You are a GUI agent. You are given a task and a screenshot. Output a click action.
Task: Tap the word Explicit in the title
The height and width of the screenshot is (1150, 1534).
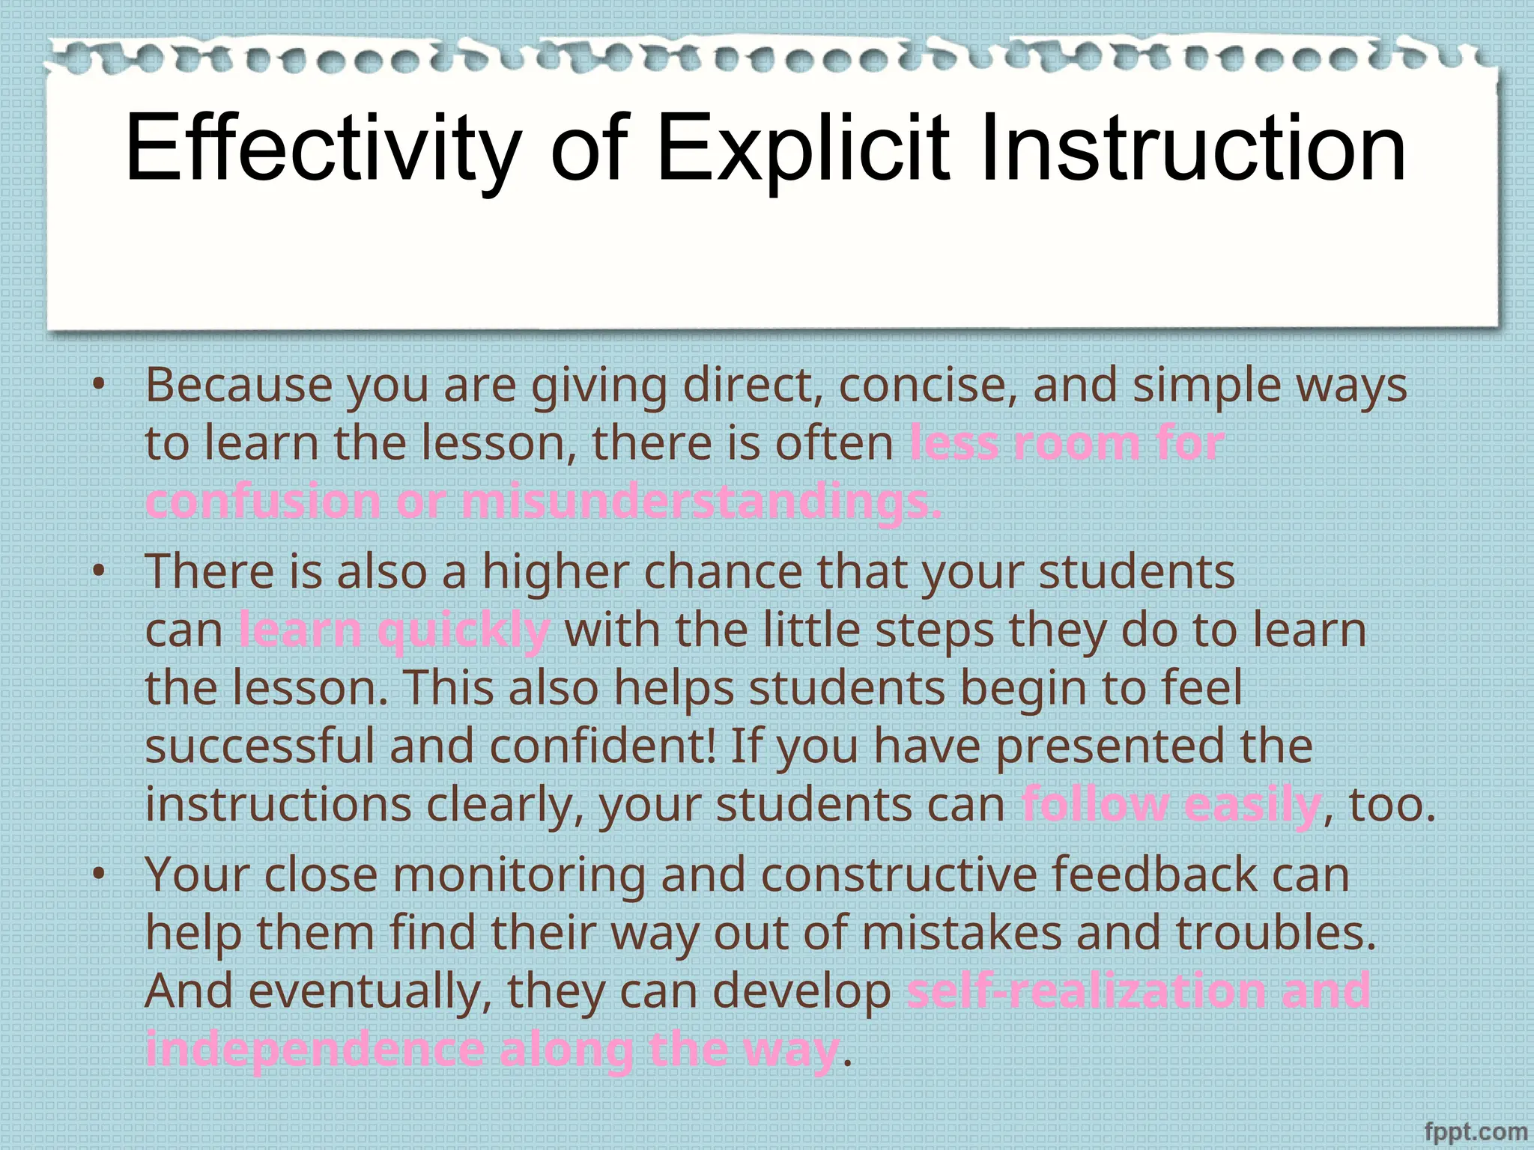pyautogui.click(x=802, y=148)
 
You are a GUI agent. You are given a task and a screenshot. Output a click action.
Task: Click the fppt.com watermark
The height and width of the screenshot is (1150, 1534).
pyautogui.click(x=1475, y=1131)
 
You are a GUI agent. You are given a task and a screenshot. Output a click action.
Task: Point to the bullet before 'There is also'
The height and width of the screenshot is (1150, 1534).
pyautogui.click(x=98, y=572)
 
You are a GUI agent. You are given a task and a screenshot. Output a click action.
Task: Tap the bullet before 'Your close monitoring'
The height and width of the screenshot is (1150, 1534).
pyautogui.click(x=98, y=874)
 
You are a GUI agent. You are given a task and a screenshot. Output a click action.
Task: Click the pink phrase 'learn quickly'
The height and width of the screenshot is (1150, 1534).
pyautogui.click(x=394, y=630)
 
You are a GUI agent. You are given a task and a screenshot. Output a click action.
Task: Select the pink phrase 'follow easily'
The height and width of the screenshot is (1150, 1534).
pyautogui.click(x=1171, y=806)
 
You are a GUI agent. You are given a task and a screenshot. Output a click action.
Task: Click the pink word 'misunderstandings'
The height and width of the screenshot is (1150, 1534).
pyautogui.click(x=700, y=502)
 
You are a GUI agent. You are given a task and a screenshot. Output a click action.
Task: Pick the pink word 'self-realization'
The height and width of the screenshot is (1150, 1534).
pyautogui.click(x=1086, y=991)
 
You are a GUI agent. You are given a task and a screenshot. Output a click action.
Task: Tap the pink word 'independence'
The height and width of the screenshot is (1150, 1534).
pyautogui.click(x=315, y=1050)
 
